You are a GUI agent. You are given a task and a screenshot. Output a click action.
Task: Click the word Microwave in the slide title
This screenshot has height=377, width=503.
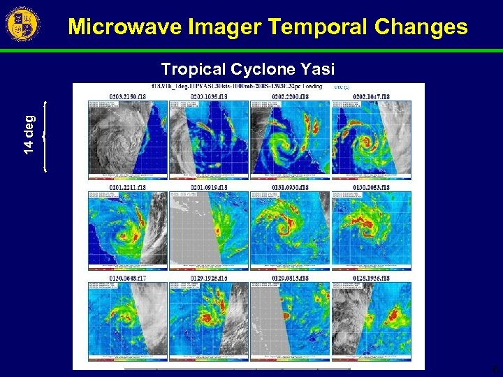coord(122,27)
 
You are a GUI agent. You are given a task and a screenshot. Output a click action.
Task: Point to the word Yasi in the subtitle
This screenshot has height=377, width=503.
coord(318,69)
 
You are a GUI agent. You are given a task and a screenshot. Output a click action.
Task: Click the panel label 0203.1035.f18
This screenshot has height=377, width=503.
coord(210,96)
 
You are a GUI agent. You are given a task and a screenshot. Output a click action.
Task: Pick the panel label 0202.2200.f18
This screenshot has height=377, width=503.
coord(290,96)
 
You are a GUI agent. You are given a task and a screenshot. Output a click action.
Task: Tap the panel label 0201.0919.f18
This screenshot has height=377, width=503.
coord(210,187)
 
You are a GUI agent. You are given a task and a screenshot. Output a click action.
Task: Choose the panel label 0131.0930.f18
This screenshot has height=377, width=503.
coord(290,187)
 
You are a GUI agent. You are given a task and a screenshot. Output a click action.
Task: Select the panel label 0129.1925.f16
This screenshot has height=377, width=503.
coord(210,278)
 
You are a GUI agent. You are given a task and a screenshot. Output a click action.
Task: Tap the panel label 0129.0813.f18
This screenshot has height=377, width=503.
coord(290,278)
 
